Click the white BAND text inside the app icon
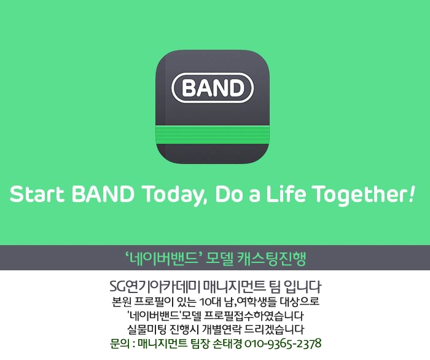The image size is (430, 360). pos(213,88)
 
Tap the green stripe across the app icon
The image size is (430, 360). pos(213,135)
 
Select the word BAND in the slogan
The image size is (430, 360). pos(103,194)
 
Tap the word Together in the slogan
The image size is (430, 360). pos(361,195)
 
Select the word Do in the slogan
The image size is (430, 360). pos(227,194)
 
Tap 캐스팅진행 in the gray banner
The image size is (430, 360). pos(271,258)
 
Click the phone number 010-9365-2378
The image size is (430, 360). pos(283,343)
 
